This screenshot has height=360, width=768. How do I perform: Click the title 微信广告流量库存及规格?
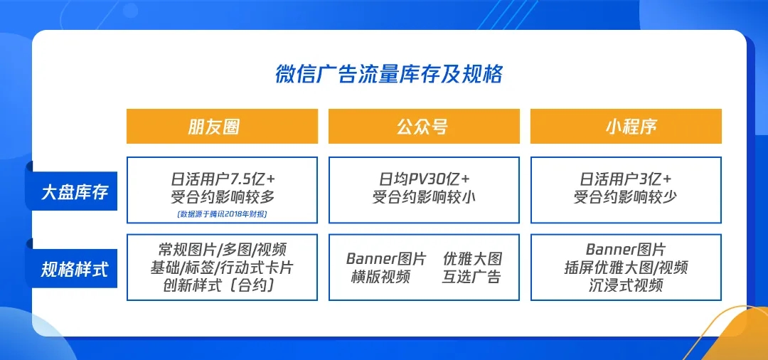point(389,75)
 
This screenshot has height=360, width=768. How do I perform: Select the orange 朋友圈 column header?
point(222,127)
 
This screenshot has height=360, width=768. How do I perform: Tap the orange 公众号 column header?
point(424,127)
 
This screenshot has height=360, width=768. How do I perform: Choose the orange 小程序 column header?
point(626,127)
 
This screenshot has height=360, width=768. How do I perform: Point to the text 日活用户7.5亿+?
point(223,178)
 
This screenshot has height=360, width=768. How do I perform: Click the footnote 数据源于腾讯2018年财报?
point(222,213)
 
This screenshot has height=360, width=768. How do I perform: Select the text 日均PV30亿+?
point(424,178)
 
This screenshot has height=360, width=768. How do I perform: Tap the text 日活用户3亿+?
point(626,178)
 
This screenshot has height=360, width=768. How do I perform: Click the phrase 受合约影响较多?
point(223,197)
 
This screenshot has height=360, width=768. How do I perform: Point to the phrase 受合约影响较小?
point(424,197)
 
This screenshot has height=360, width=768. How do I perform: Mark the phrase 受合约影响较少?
point(626,197)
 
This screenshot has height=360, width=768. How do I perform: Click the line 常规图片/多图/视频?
point(223,250)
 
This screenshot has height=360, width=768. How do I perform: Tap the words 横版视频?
point(380,277)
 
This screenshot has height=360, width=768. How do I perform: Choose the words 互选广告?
point(472,277)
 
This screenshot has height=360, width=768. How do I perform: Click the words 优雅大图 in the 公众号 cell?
point(472,258)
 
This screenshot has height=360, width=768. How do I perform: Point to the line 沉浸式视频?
point(626,285)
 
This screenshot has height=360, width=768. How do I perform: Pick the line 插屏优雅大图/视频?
point(626,268)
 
